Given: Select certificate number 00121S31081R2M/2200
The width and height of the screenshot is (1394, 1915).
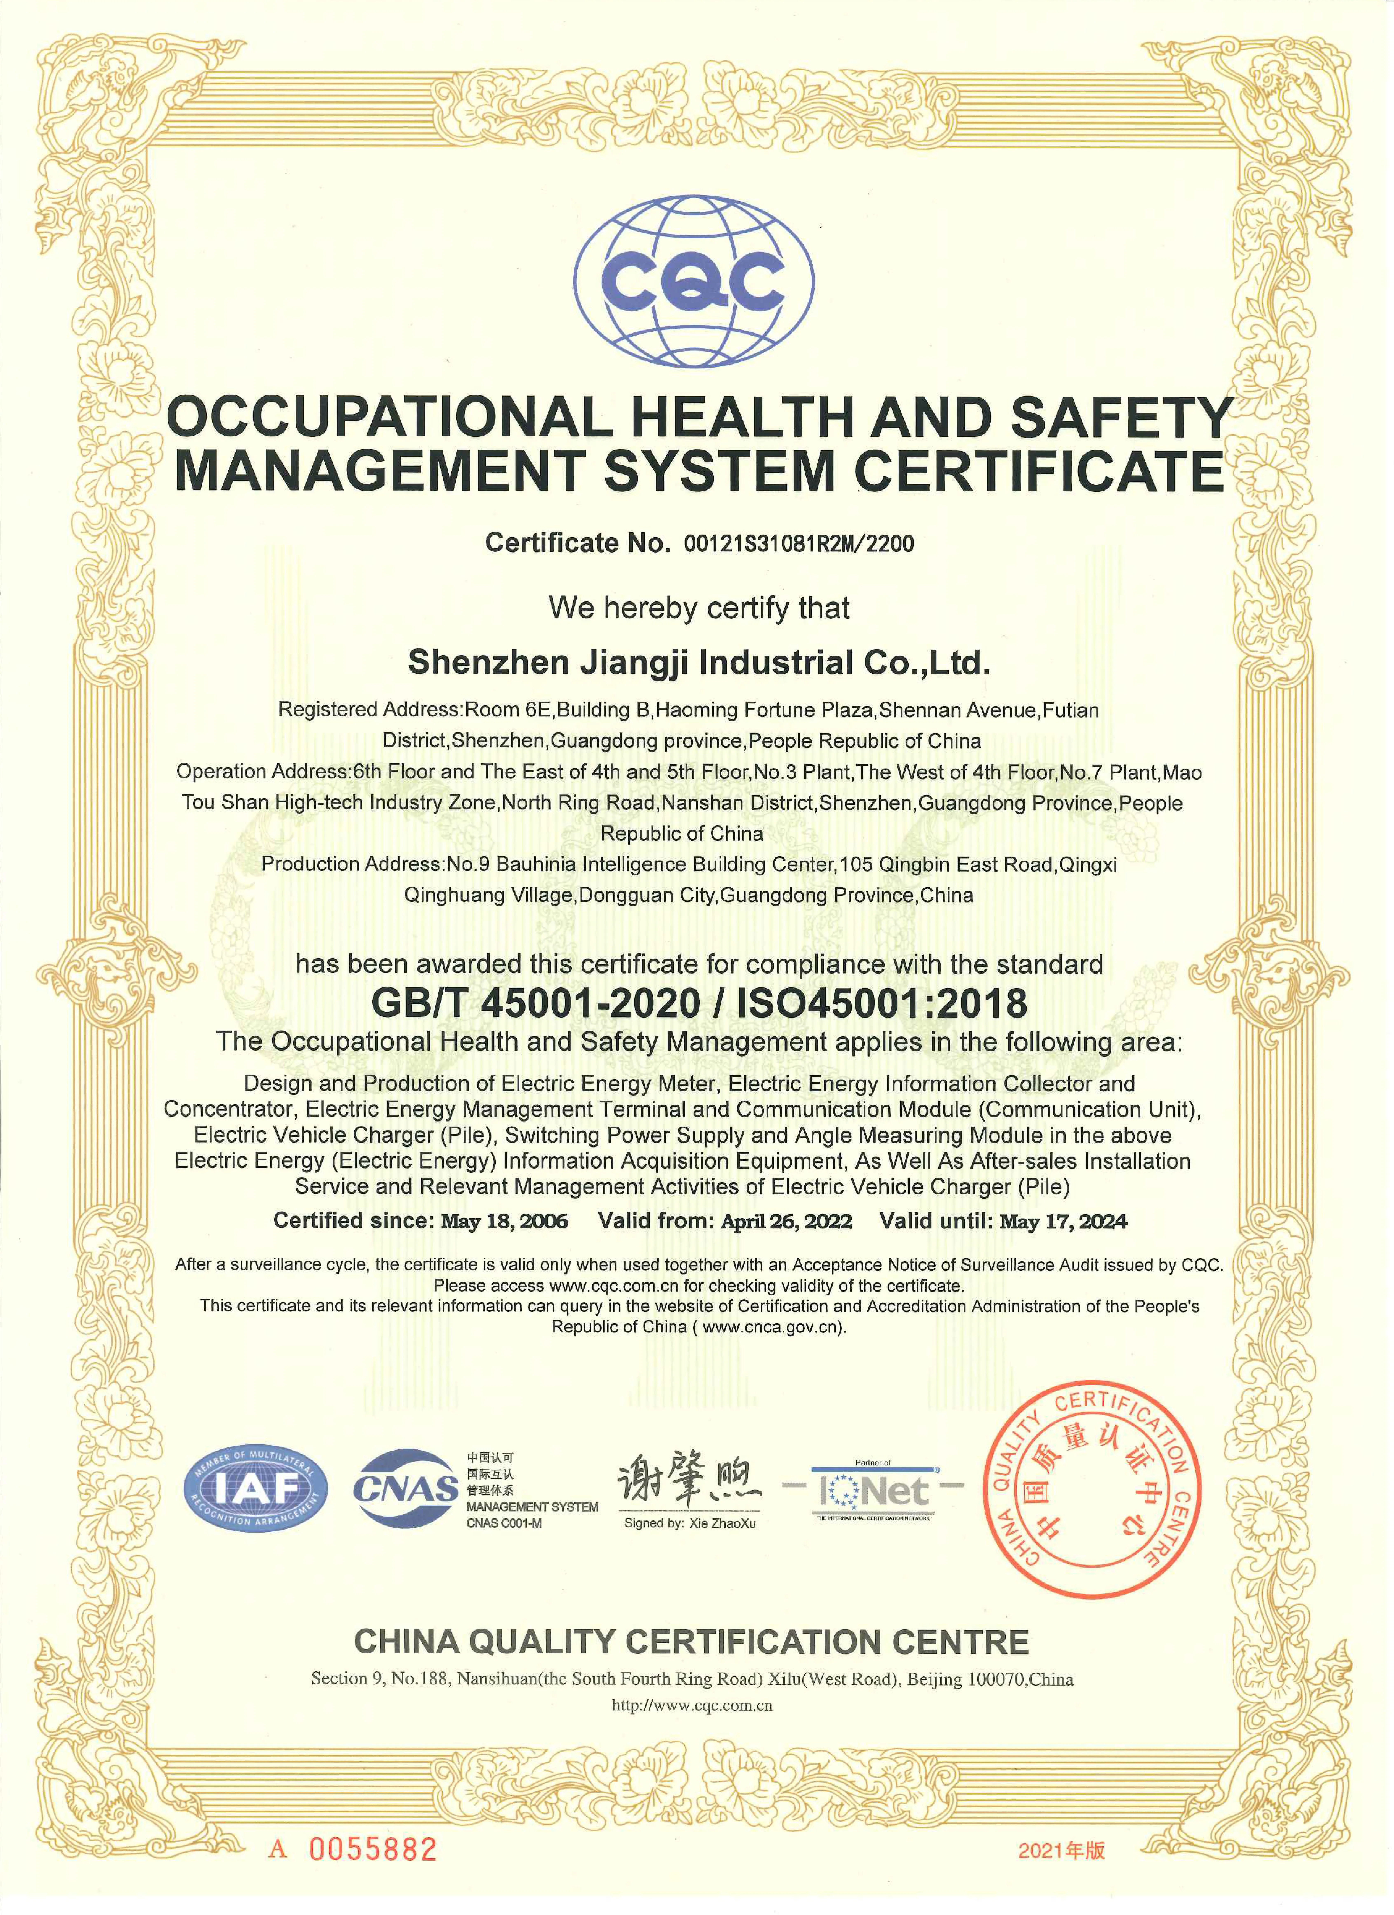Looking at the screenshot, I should (798, 544).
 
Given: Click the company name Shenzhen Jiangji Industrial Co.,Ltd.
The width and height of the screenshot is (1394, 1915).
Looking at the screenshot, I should (698, 663).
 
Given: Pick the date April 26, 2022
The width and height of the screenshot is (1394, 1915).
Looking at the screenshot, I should (786, 1222).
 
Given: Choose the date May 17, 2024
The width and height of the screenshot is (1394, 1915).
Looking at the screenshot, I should (1063, 1222).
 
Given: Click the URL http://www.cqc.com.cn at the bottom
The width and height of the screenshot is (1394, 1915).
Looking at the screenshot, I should (692, 1705).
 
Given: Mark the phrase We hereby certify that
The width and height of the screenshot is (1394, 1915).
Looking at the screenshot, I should (698, 608).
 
